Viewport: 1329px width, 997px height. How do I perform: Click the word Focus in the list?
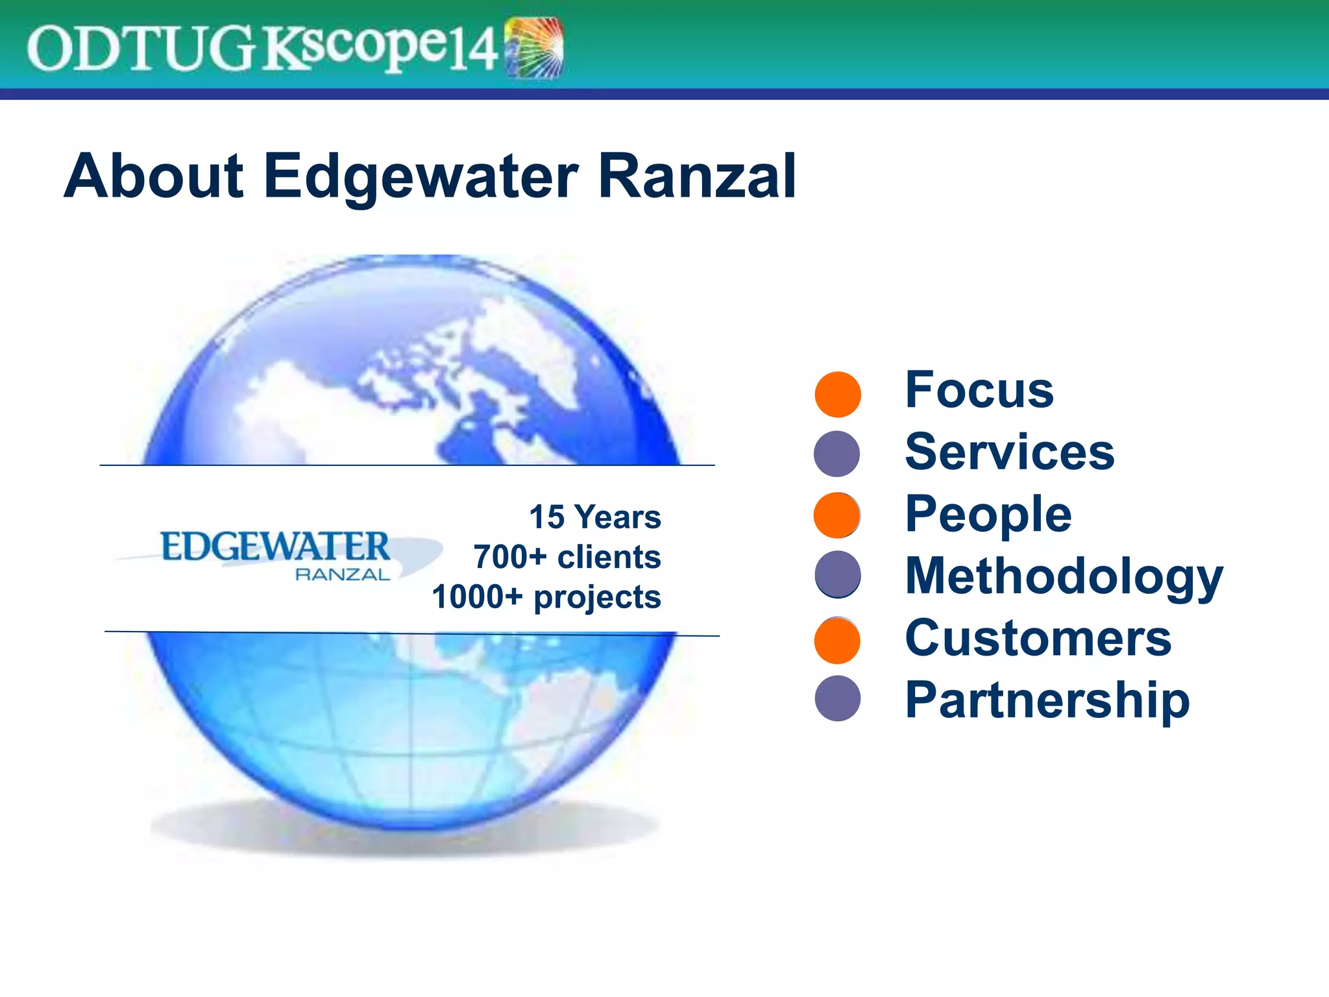coord(979,390)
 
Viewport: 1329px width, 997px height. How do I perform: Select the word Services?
coord(1010,452)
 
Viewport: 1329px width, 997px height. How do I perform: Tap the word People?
coord(988,514)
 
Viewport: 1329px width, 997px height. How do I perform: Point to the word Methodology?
coord(1064,576)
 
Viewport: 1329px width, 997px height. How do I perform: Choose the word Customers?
coord(1038,638)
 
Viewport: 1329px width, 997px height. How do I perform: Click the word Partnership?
coord(1047,700)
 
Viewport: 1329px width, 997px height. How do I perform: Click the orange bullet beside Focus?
coord(838,394)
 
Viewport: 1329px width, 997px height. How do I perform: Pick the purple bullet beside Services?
coord(837,454)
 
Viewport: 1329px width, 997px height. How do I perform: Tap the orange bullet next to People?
coord(837,515)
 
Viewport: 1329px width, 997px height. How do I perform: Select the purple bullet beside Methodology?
coord(838,574)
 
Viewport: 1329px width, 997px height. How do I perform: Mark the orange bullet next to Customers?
coord(837,640)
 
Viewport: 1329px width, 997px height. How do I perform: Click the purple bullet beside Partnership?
coord(838,698)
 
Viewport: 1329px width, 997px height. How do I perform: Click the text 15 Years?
coord(595,517)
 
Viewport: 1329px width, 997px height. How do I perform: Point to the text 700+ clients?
coord(567,557)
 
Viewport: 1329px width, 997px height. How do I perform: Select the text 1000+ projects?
coord(546,597)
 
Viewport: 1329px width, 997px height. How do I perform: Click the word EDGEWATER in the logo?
coord(275,547)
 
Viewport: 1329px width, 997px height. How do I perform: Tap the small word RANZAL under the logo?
coord(343,574)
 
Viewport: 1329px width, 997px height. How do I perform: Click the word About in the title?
coord(154,177)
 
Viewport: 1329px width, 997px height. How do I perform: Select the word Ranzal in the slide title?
coord(696,177)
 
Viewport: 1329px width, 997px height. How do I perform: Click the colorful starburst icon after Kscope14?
coord(534,47)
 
